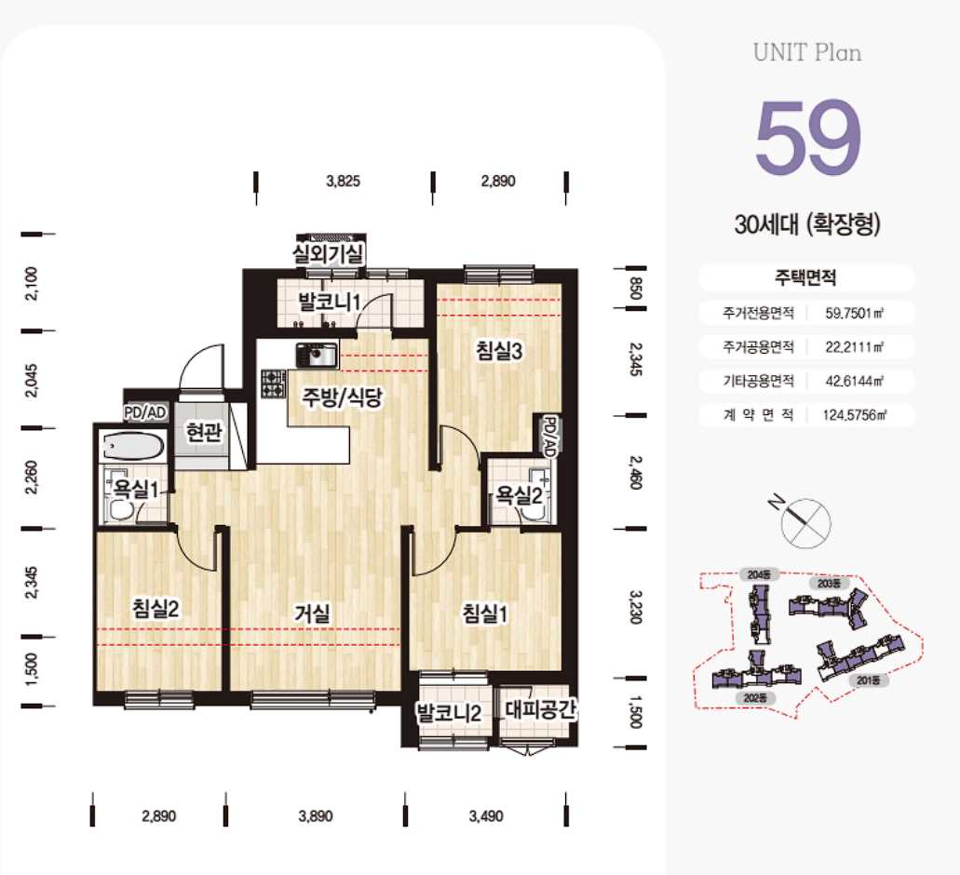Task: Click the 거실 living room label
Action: coord(312,612)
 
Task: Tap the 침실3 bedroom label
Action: coord(499,351)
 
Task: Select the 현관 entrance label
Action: coord(204,432)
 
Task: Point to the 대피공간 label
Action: coord(541,709)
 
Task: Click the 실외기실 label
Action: coord(328,254)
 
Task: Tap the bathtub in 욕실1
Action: coord(133,446)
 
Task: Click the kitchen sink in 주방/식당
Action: coord(317,355)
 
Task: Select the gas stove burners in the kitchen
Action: coord(273,384)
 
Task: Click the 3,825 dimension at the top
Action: coord(344,182)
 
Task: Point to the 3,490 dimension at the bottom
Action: coord(486,816)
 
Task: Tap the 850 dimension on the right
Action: coord(636,289)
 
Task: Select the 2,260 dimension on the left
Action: coord(32,478)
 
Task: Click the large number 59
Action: coord(808,137)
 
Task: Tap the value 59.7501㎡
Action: coord(855,314)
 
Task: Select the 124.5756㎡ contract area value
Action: coord(855,415)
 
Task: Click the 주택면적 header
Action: coord(805,277)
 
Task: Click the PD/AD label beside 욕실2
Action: coord(549,437)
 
